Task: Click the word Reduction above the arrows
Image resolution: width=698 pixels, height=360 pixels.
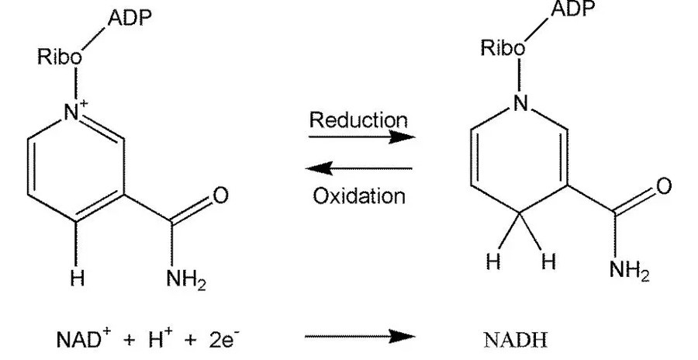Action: pos(358,120)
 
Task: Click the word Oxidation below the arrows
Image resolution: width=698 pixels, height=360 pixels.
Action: pos(359,195)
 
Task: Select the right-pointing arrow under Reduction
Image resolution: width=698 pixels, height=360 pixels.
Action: pos(361,138)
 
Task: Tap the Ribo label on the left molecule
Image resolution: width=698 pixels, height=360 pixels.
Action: pos(60,58)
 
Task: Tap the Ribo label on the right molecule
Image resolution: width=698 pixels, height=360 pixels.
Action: pos(503,48)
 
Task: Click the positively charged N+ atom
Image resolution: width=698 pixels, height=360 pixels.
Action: pos(74,112)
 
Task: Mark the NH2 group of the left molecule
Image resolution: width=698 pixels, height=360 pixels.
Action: pos(187,281)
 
